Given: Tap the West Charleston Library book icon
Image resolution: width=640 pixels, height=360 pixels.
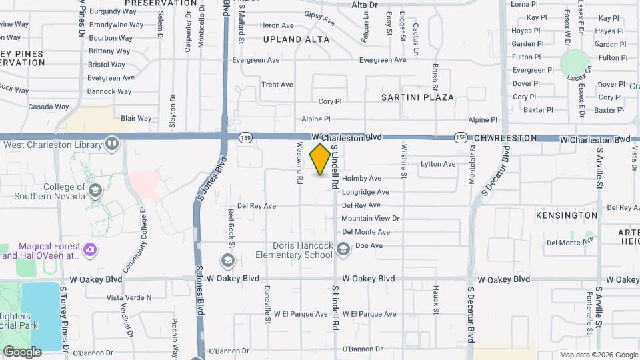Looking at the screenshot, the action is click(x=112, y=144).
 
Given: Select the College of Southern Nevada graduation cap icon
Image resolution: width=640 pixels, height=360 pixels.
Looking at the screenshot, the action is click(x=95, y=191).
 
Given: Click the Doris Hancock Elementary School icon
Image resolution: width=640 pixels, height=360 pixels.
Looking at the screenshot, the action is click(x=343, y=250).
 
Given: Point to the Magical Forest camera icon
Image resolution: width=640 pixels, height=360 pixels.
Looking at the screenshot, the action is click(x=90, y=251).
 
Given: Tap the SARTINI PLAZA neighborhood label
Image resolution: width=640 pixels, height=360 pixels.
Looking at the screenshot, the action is click(x=417, y=97).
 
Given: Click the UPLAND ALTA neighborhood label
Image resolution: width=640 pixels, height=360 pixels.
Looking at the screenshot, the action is click(x=296, y=39).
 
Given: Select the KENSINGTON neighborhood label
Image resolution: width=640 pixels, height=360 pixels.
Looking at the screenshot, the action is click(x=567, y=215).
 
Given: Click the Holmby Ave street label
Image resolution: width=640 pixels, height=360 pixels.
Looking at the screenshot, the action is click(x=361, y=179).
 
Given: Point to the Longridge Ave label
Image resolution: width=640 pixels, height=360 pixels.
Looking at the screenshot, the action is click(x=365, y=192).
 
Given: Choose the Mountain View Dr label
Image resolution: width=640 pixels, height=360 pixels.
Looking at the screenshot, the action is click(x=370, y=219).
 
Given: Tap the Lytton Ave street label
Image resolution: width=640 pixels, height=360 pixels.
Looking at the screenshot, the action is click(x=438, y=164).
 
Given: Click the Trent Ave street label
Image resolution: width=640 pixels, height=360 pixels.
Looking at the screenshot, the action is click(x=277, y=85).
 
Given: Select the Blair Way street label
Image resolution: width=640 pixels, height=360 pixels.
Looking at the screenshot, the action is click(x=136, y=118).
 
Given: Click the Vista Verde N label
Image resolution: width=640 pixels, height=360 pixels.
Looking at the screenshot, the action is click(x=129, y=297).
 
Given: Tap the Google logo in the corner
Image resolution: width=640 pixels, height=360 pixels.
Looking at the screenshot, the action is click(x=22, y=352).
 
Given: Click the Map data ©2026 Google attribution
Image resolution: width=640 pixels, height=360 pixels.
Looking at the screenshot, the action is click(x=598, y=355).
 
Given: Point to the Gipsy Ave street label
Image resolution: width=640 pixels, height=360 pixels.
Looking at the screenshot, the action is click(x=319, y=17).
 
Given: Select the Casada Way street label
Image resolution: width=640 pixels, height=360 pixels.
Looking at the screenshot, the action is click(x=49, y=107).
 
